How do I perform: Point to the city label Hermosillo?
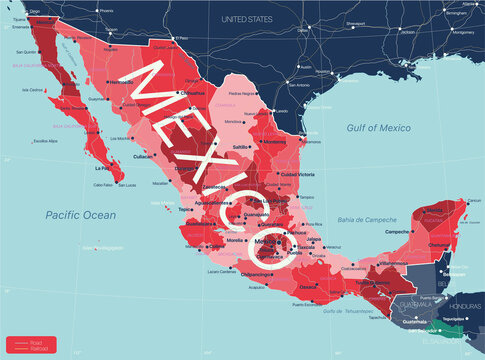pos(120,80)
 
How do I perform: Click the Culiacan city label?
pos(144,156)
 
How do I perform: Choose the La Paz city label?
pos(102,168)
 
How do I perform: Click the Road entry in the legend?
pos(35,337)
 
